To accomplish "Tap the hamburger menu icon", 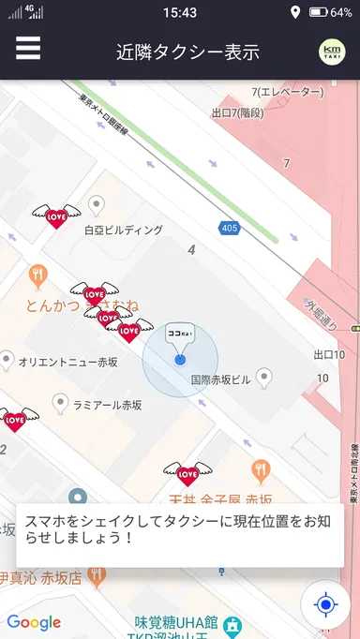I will [x=28, y=48].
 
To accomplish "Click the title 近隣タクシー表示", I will [x=187, y=52].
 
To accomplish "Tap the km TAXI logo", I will [x=331, y=52].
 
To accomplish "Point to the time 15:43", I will [x=179, y=12].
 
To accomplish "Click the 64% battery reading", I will [x=340, y=12].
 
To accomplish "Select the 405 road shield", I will [x=230, y=228].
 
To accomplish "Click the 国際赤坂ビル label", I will [x=221, y=380].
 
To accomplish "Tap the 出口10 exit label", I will [x=329, y=355].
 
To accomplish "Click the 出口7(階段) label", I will [x=238, y=113].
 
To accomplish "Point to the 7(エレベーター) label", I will [x=288, y=92].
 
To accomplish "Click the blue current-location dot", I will [x=180, y=360].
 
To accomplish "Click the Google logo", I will [x=34, y=622].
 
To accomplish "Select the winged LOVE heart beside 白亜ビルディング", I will [x=55, y=217].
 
